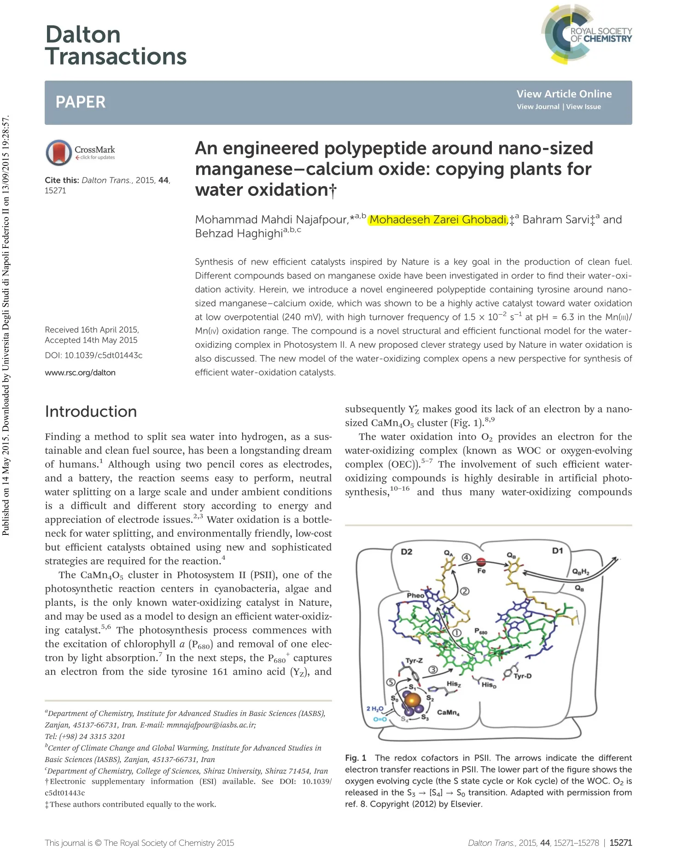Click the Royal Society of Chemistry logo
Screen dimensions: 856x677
click(586, 35)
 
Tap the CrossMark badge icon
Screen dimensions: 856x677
click(58, 152)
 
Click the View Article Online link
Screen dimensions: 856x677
click(564, 94)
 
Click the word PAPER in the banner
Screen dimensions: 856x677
click(81, 102)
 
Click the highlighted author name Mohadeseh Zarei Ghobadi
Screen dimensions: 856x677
click(438, 220)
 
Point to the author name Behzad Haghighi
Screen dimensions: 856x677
click(239, 234)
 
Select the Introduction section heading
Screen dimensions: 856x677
click(91, 411)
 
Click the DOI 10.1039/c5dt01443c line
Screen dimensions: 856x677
click(93, 355)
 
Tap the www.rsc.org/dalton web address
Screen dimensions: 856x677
click(80, 373)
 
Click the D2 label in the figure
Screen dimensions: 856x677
click(406, 551)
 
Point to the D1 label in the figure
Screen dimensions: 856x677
click(557, 551)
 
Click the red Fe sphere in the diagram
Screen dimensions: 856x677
click(481, 562)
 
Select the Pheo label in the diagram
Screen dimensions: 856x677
click(415, 595)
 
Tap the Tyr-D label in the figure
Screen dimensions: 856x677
click(522, 676)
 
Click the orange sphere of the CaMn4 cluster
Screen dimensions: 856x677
click(413, 700)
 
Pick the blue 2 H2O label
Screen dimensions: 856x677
click(374, 708)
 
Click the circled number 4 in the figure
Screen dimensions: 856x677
click(466, 557)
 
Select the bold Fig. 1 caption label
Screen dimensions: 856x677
click(356, 758)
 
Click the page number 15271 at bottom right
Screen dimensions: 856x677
click(620, 843)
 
